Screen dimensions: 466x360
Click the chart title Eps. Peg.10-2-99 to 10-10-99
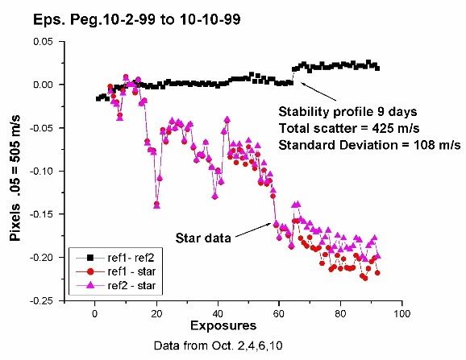(x=136, y=20)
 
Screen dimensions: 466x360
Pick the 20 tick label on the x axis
(x=156, y=314)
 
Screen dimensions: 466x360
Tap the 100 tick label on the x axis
(x=402, y=314)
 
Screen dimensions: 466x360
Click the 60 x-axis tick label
(x=279, y=314)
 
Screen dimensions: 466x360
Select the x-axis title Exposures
(x=223, y=325)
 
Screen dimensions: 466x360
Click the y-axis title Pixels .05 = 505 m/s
(x=15, y=178)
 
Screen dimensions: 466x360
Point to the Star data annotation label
(x=203, y=238)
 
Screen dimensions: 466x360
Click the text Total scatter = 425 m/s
(x=349, y=129)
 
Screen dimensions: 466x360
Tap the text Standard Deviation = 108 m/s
(x=369, y=145)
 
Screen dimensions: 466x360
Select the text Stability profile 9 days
(x=347, y=112)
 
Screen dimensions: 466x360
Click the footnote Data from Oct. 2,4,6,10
(x=218, y=346)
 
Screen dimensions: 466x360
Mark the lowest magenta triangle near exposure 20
(x=157, y=205)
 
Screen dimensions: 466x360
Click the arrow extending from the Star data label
(x=253, y=230)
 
